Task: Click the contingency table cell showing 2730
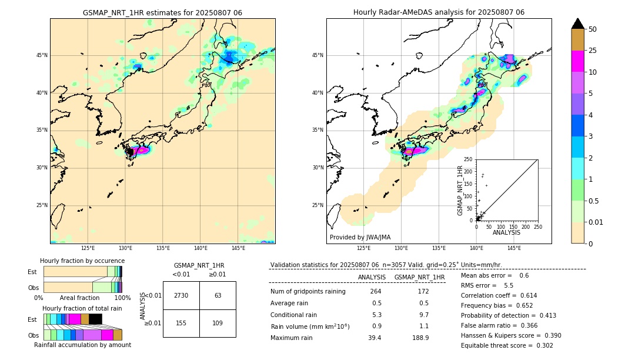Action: click(181, 295)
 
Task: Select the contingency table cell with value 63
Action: click(218, 295)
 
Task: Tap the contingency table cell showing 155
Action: click(181, 323)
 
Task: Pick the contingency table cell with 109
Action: click(218, 323)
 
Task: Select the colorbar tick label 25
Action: click(593, 51)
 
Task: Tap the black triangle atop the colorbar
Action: click(578, 24)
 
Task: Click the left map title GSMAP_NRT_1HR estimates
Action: click(162, 12)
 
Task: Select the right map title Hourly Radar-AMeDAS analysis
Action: click(439, 12)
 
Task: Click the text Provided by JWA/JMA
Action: click(360, 238)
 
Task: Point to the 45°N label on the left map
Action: click(42, 55)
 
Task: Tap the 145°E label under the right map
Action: click(514, 248)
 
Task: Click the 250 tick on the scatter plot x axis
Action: click(537, 226)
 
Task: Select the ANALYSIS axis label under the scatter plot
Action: click(506, 232)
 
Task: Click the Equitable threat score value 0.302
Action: click(541, 345)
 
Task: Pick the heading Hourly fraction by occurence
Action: click(82, 261)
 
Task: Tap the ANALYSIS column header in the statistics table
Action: click(372, 277)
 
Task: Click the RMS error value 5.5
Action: click(508, 285)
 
